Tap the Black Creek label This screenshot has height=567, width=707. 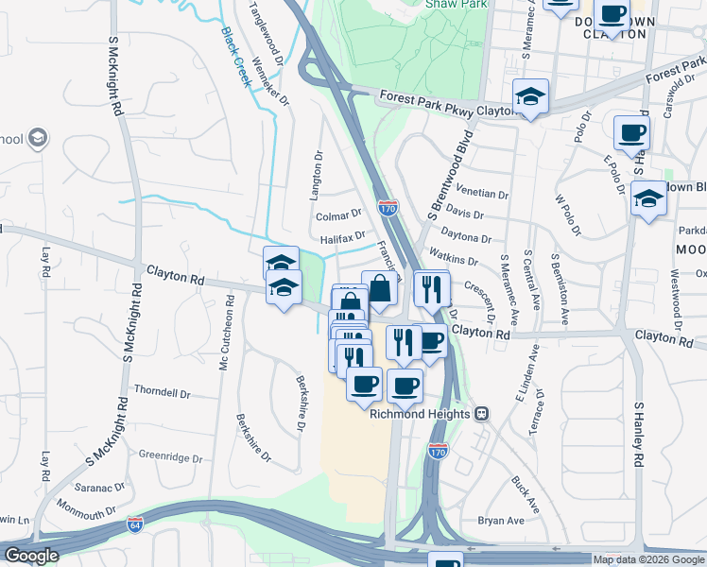[236, 56]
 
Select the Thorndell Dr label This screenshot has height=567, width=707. [162, 392]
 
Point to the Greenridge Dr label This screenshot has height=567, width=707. [171, 456]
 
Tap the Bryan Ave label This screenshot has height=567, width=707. [501, 521]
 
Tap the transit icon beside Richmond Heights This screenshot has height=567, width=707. [482, 414]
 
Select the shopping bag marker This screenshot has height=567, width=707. [379, 288]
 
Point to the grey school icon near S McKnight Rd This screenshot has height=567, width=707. [37, 139]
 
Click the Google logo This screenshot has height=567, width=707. [31, 556]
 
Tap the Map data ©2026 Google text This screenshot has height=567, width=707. [648, 559]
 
